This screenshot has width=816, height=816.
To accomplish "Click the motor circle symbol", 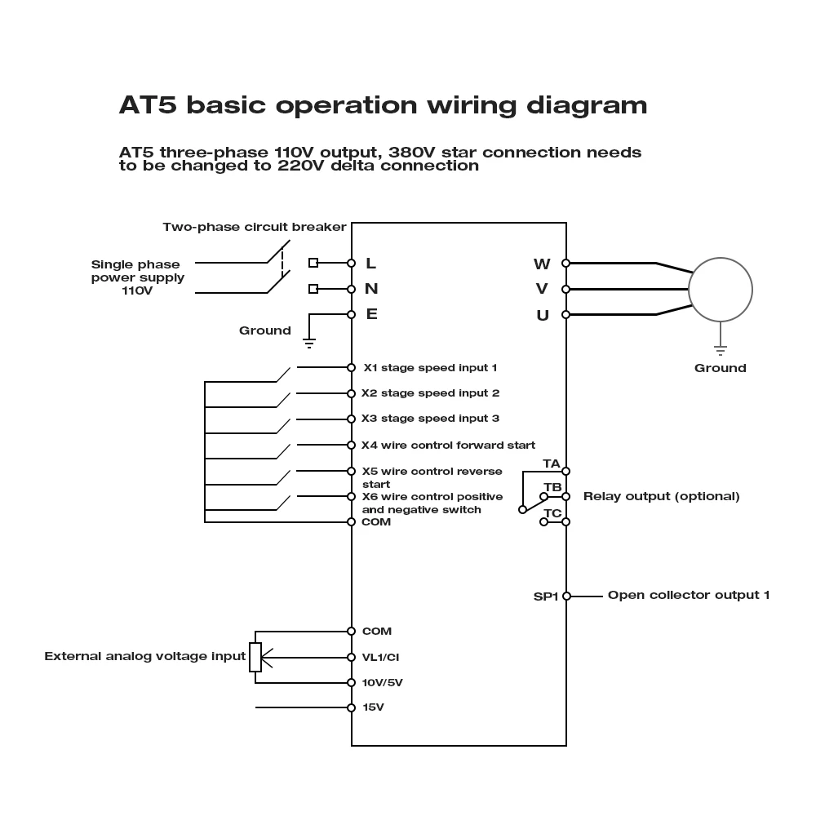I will tap(720, 289).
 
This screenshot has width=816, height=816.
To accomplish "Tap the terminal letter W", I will tap(542, 264).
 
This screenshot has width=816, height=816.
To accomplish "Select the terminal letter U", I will tap(543, 315).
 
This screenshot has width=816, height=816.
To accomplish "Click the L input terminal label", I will tap(370, 263).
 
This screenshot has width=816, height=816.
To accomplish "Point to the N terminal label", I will tap(371, 288).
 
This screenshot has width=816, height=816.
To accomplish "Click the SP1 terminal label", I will tap(545, 596).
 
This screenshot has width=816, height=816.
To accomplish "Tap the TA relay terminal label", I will tap(552, 463).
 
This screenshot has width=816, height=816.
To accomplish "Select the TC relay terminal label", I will tap(552, 513).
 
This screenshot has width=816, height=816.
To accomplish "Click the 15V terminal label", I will tap(373, 707).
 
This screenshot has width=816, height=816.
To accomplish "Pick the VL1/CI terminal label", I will tap(380, 657).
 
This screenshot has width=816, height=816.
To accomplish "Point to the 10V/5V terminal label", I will tap(382, 682).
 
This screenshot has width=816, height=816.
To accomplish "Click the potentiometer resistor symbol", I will tap(255, 657).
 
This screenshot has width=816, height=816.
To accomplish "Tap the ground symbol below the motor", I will tap(720, 350).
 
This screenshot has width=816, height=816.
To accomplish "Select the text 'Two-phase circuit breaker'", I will tap(255, 227).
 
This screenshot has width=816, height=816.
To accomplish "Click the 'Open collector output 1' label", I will tap(688, 595).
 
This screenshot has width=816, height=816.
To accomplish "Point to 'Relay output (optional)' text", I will tap(661, 496).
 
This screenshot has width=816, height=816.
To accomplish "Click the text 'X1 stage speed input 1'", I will tap(430, 368).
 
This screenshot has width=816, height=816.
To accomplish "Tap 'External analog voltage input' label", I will tap(144, 656).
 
